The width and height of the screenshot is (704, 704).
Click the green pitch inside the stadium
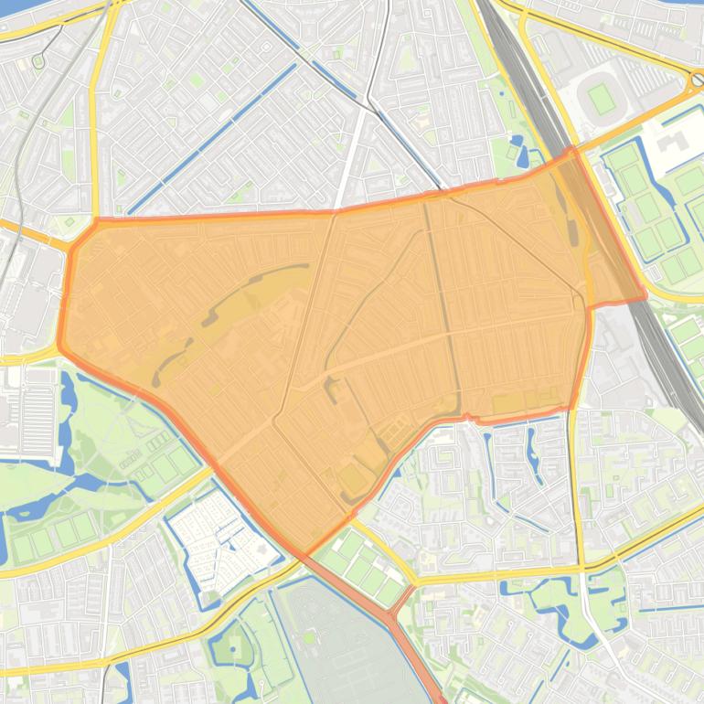601,97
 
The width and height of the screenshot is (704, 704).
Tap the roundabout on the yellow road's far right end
697,80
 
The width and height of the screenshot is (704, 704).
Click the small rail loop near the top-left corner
38,61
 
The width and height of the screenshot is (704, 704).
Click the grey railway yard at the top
530,82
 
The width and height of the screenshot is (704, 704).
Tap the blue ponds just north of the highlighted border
520,150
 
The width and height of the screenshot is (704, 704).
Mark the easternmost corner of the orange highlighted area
645,295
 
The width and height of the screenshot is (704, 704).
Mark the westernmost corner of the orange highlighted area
59,346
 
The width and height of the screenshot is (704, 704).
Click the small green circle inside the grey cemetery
310,636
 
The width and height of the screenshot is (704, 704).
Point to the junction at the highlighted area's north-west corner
96,220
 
